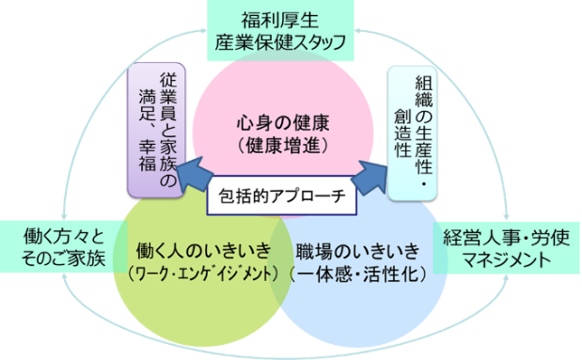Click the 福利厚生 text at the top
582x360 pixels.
coord(291,17)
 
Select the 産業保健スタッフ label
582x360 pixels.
coord(291,41)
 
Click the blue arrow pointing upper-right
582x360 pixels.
coord(373,175)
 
